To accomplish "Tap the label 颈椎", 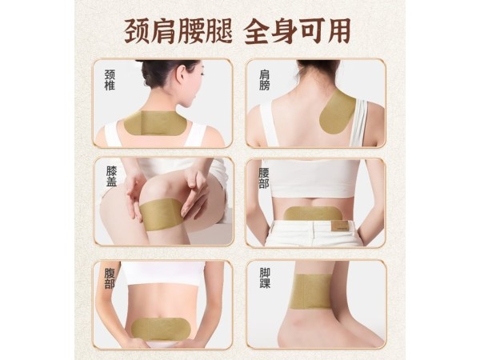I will click(x=110, y=80).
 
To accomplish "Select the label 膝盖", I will click(x=110, y=177).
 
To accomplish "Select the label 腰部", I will click(x=263, y=177).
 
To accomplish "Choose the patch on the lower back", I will click(x=310, y=214).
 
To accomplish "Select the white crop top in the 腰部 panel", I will click(x=312, y=177).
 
